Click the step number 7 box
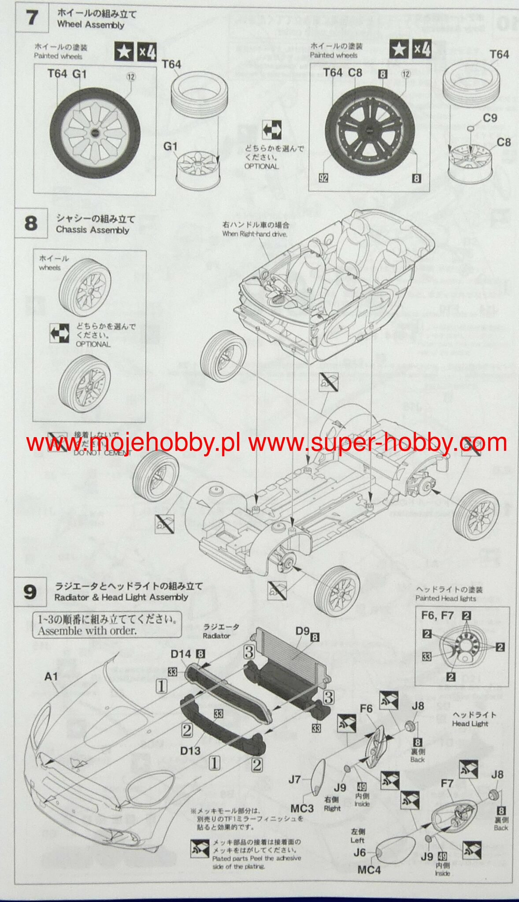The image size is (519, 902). [x=32, y=18]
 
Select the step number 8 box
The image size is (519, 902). [x=30, y=223]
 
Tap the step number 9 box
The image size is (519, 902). [x=30, y=592]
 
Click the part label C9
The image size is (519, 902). [x=490, y=118]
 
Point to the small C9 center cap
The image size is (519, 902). [x=471, y=128]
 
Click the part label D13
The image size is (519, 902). [x=190, y=750]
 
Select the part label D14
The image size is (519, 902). [x=181, y=654]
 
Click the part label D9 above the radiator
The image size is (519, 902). [x=302, y=631]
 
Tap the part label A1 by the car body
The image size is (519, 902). [x=51, y=676]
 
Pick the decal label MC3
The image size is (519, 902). [x=302, y=808]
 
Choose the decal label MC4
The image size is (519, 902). [x=369, y=870]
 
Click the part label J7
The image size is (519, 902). [x=295, y=780]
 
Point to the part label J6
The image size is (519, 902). [x=360, y=853]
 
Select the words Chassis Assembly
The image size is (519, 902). [x=92, y=230]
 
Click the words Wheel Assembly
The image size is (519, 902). [x=90, y=25]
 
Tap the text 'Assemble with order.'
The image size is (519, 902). [x=87, y=631]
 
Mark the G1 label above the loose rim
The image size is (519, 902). [x=170, y=146]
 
